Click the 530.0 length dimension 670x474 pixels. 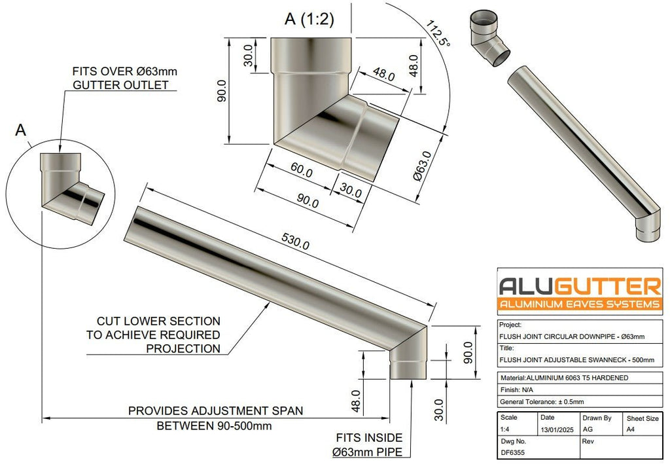295,242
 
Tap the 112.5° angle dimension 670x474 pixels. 438,33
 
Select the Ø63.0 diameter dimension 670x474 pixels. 423,166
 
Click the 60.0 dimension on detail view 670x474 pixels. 302,170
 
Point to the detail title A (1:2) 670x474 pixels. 309,19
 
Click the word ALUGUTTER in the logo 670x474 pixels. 580,286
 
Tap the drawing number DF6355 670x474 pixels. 512,452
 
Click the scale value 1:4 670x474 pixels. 504,429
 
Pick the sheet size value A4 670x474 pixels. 631,429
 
